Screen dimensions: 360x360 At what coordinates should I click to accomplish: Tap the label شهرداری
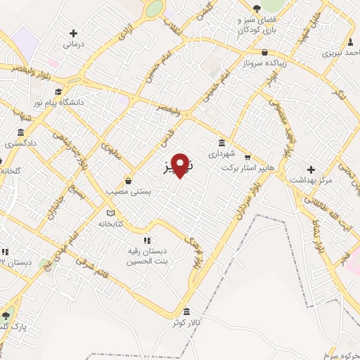[x=223, y=152]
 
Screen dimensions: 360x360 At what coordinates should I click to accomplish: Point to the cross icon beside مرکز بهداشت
[x=311, y=169]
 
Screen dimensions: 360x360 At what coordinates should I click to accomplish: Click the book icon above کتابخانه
[x=110, y=213]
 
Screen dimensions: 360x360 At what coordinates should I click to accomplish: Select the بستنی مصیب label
[x=127, y=190]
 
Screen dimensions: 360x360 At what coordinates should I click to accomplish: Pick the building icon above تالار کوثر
[x=186, y=311]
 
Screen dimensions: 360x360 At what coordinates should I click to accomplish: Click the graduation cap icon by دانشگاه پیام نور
[x=58, y=91]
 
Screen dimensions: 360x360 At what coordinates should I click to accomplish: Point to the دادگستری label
[x=21, y=143]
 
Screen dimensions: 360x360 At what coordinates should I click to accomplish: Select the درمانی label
[x=74, y=44]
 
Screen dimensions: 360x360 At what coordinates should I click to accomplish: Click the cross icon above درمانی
[x=74, y=32]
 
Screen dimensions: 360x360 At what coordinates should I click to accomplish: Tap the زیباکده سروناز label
[x=264, y=62]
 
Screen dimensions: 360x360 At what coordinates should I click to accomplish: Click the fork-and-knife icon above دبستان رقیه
[x=146, y=240]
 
